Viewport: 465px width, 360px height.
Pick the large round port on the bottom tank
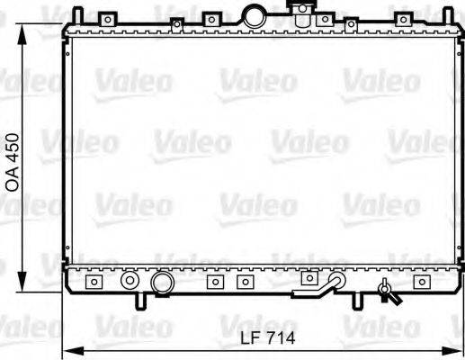(x=162, y=283)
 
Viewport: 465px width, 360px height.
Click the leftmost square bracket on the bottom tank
(x=92, y=282)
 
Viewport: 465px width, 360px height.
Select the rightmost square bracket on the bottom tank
(x=420, y=282)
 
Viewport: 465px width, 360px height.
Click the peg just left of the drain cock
(x=358, y=298)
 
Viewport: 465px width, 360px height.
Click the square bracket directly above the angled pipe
(x=308, y=277)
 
